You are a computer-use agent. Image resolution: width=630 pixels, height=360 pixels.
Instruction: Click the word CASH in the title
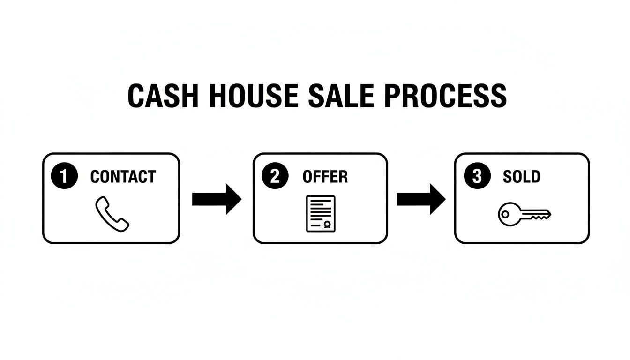coord(154,96)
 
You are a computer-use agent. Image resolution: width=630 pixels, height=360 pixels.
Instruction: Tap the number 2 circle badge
coord(274,177)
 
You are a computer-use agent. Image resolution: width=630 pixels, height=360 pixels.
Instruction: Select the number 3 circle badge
coord(476,177)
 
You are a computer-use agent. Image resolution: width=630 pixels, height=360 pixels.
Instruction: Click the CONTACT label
coord(123,177)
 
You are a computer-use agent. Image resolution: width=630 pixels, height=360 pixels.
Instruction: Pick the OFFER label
coord(325,177)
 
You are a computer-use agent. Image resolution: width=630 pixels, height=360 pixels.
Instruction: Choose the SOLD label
coord(521,177)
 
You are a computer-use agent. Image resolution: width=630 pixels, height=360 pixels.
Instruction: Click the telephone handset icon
coord(112,213)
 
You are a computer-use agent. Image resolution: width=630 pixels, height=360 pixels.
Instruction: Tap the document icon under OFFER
coord(321,213)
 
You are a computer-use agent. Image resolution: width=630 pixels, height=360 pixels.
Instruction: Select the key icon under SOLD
coord(525,215)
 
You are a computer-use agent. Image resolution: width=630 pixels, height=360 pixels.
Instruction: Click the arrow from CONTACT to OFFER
coord(217,199)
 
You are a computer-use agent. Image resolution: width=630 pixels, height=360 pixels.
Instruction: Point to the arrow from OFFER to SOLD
coord(421,199)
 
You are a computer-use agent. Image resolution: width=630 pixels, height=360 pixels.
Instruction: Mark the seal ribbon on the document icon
coord(328,225)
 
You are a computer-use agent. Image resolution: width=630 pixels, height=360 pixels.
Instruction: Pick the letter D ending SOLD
coord(536,177)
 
